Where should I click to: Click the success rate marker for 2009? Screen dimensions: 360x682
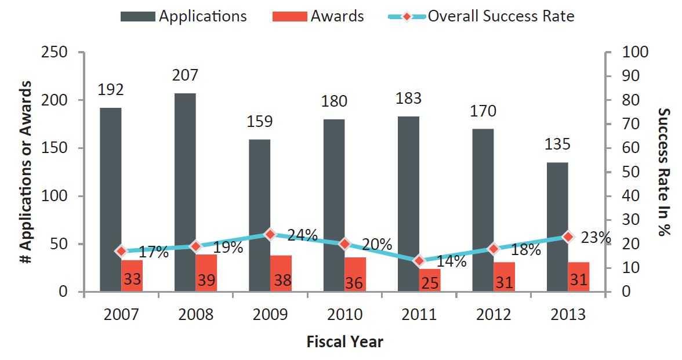click(x=270, y=234)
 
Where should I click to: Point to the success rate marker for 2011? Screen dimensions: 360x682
click(x=419, y=261)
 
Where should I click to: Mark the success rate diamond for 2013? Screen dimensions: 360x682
click(x=568, y=237)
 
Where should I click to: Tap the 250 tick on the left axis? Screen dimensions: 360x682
click(x=55, y=52)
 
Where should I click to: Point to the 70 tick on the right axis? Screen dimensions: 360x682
click(x=630, y=124)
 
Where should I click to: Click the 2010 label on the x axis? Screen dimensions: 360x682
click(x=345, y=314)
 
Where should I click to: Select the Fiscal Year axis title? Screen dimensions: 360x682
click(x=344, y=342)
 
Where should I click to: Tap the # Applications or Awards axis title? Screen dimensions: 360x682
click(x=26, y=172)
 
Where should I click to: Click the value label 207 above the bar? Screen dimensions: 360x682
click(x=186, y=75)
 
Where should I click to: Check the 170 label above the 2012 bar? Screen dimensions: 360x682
click(x=484, y=111)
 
